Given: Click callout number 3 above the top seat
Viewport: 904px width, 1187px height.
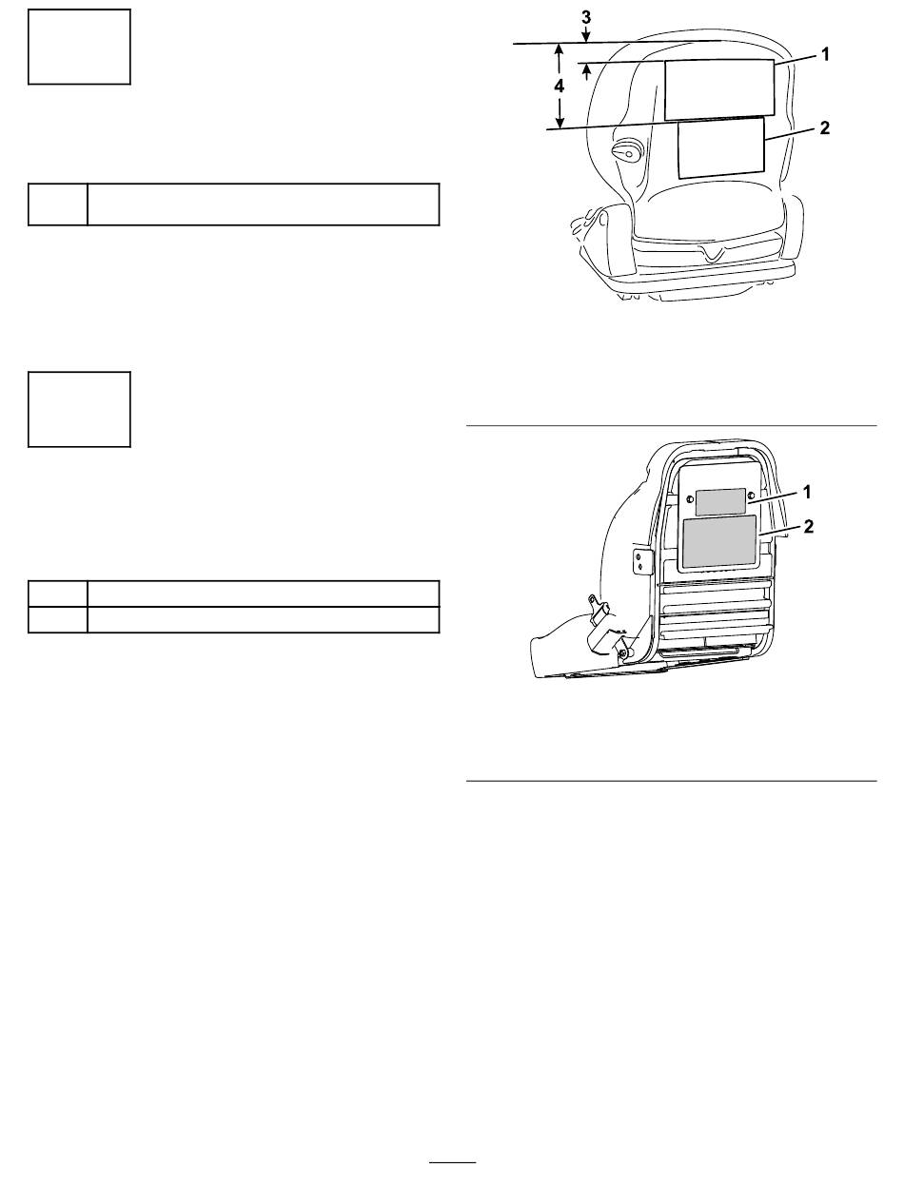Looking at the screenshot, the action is [586, 17].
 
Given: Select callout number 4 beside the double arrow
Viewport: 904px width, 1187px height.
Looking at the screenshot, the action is [560, 86].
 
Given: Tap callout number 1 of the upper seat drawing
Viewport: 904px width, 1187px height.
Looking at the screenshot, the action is [825, 54].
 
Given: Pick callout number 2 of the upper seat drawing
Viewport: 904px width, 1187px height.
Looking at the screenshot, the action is [824, 127].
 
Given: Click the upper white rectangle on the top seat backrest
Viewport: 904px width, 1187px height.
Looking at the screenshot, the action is [719, 89].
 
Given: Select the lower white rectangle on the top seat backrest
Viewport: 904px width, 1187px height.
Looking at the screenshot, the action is [721, 148].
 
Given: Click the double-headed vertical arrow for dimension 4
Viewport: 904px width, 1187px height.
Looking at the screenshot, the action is [560, 86].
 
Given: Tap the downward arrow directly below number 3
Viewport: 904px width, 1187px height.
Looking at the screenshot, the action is [586, 33].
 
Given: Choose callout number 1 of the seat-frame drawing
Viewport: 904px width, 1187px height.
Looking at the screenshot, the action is [807, 492].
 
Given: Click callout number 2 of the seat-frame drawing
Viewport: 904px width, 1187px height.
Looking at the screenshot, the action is [808, 526].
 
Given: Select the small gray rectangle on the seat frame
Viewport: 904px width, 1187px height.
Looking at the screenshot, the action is [720, 502].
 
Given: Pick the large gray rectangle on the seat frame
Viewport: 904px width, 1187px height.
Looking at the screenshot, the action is [719, 541].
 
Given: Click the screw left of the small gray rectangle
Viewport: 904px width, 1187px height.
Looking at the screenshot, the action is [690, 498].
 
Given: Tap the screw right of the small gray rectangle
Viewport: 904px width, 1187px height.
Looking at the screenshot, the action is [751, 496].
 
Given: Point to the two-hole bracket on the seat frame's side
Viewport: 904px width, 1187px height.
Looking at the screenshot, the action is [640, 561].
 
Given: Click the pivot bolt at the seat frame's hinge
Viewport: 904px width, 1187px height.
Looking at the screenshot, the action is [623, 653].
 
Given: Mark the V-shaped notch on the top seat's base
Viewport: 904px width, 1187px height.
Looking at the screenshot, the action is [713, 252].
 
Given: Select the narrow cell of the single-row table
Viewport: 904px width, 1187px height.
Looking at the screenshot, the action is [58, 204].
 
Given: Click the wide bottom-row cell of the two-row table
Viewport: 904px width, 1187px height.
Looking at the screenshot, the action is [264, 620].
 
